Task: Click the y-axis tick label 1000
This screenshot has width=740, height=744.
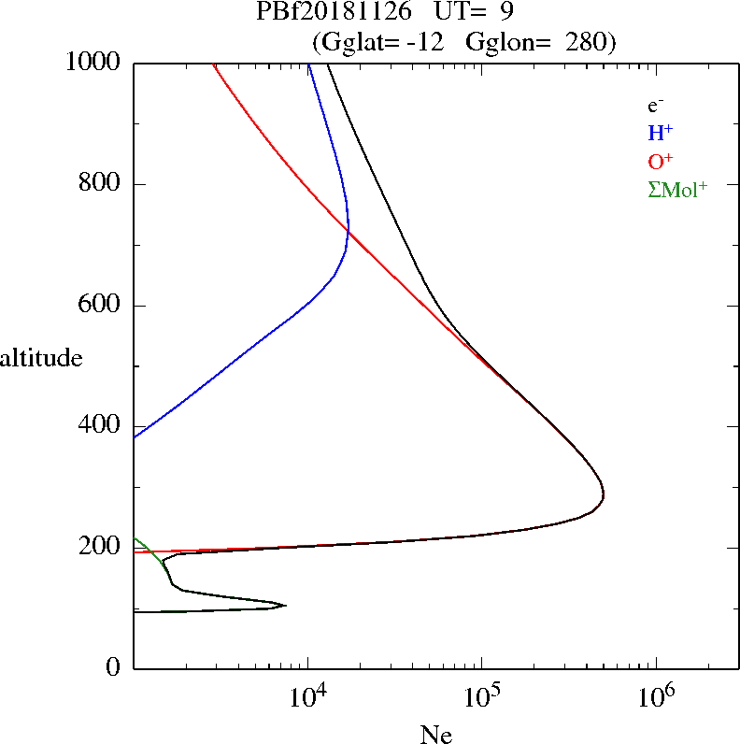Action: pyautogui.click(x=93, y=63)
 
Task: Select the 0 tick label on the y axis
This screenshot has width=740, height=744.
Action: pyautogui.click(x=114, y=668)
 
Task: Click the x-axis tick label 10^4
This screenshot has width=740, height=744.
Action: pyautogui.click(x=307, y=694)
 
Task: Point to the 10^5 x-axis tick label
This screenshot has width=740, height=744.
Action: pyautogui.click(x=481, y=694)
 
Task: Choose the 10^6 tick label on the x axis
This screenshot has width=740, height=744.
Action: pyautogui.click(x=655, y=694)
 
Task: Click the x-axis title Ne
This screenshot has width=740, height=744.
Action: pyautogui.click(x=435, y=735)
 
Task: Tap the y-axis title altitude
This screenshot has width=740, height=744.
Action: pyautogui.click(x=41, y=358)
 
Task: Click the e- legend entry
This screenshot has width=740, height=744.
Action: pyautogui.click(x=657, y=106)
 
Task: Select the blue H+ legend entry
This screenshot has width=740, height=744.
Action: pyautogui.click(x=661, y=133)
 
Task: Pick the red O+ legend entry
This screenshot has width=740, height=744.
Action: pyautogui.click(x=661, y=161)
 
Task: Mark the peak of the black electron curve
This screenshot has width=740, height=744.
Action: pyautogui.click(x=604, y=495)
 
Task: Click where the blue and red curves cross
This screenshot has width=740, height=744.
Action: pyautogui.click(x=348, y=230)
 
